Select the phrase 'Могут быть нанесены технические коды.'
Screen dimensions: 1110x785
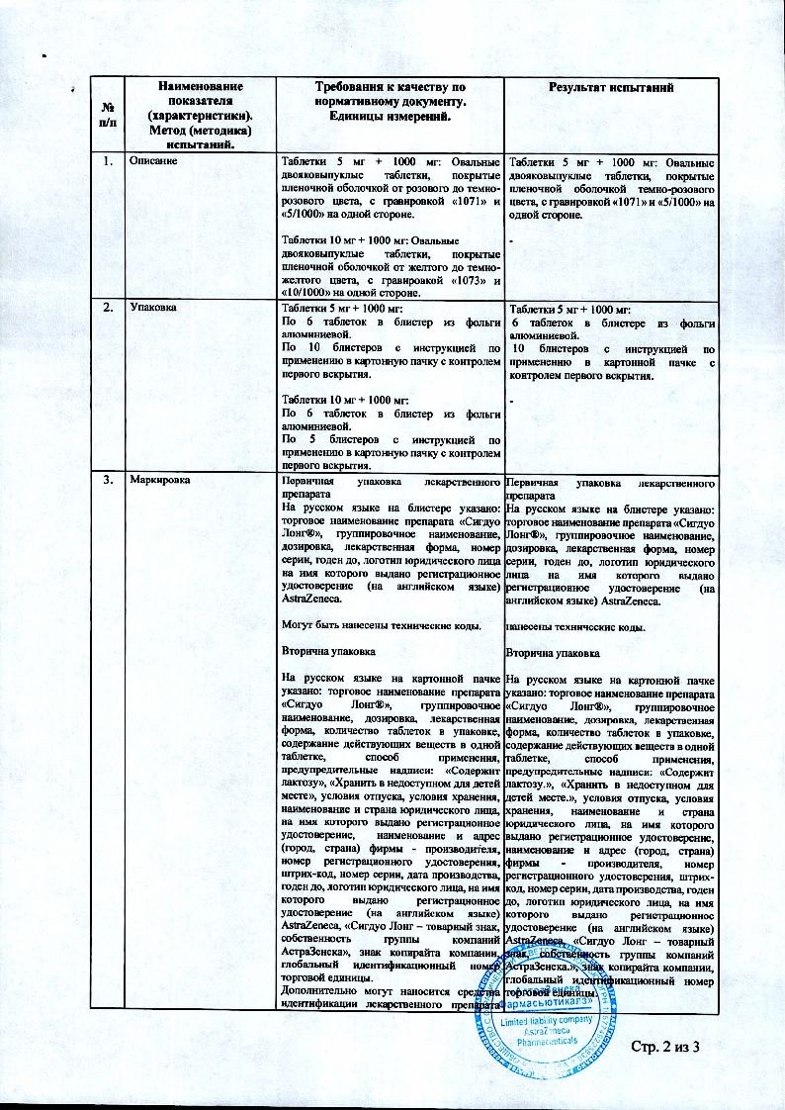tap(381, 626)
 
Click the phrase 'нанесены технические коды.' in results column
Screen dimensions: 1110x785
tap(575, 626)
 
